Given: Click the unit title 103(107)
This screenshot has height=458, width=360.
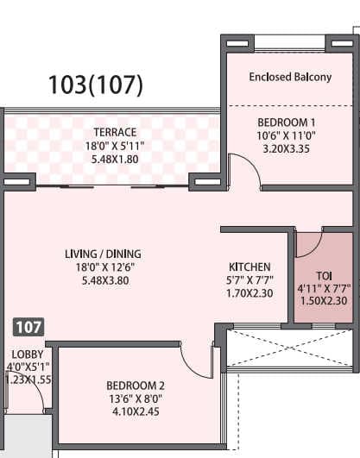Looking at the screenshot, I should click(x=95, y=85).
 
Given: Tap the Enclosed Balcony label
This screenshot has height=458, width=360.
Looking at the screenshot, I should click(x=290, y=77).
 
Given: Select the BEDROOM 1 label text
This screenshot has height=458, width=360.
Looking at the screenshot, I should click(x=290, y=122).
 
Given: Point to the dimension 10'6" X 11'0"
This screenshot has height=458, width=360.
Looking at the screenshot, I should click(x=290, y=135).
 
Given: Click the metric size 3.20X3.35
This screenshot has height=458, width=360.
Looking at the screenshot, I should click(x=290, y=148).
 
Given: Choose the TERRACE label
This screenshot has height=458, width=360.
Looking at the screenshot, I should click(x=115, y=132).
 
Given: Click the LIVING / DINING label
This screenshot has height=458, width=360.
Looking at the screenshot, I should click(x=102, y=254).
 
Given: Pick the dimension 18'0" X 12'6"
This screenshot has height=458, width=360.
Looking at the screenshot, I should click(x=102, y=267).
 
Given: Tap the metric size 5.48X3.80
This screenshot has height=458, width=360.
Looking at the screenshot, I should click(x=102, y=280).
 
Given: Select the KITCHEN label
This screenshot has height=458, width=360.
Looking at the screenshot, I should click(x=249, y=267).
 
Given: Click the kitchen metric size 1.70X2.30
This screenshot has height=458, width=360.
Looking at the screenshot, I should click(x=249, y=292).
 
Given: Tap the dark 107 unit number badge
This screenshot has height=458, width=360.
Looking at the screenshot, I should click(x=28, y=328).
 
